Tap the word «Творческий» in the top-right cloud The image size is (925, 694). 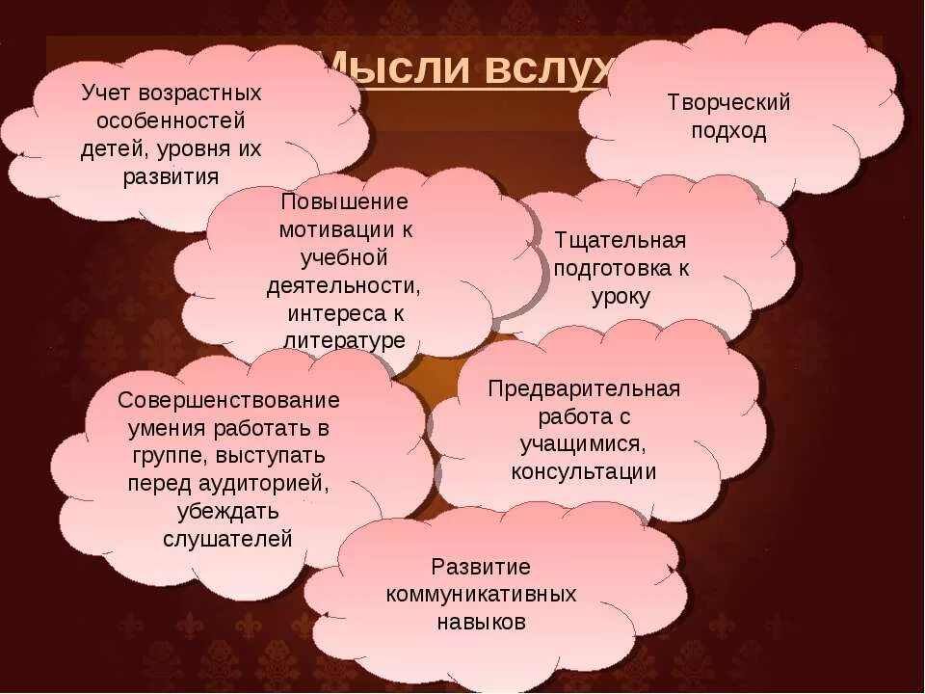coord(728,102)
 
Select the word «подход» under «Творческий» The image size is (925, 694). coord(728,131)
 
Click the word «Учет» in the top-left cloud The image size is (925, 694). coord(109,93)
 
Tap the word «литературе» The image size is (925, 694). coord(344,341)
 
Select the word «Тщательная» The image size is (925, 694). coord(621,240)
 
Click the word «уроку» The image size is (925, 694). coord(621,297)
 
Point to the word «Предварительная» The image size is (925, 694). coord(584,388)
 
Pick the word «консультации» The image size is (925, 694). coord(584,472)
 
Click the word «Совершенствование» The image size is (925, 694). coord(228,399)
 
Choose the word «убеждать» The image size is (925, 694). coord(228,511)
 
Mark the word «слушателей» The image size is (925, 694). coord(228,539)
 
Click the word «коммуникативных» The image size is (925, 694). coord(481,594)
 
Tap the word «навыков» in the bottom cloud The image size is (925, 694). coord(481,622)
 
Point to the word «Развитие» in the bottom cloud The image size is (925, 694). coord(481,566)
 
